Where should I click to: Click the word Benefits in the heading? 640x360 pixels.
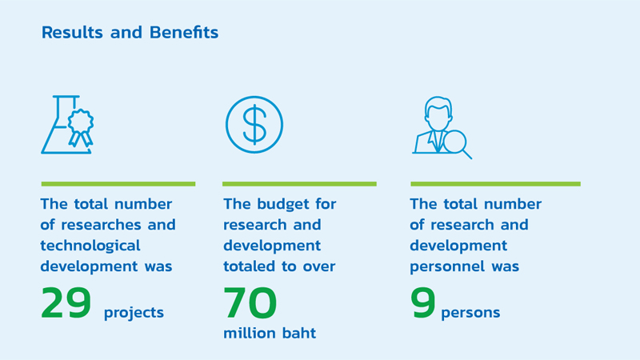184,32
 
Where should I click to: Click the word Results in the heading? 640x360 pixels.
72,32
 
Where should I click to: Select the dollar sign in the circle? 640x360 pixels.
254,125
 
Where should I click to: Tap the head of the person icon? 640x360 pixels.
438,114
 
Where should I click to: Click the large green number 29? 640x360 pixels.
66,303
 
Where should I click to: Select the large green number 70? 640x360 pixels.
250,303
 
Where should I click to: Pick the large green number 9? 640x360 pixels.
423,303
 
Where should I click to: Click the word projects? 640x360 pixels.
134,313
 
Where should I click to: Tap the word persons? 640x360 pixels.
470,313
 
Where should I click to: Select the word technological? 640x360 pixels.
90,246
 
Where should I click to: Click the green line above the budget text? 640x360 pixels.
299,184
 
